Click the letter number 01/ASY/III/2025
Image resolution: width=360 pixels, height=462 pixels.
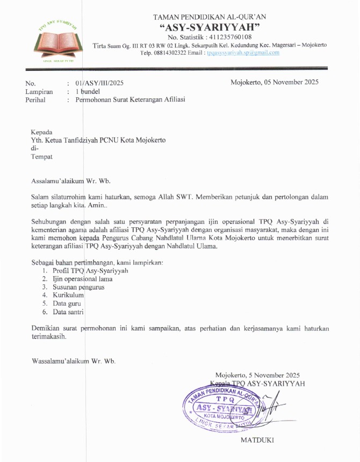(x=100, y=83)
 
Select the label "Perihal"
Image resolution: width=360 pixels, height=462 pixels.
(x=36, y=100)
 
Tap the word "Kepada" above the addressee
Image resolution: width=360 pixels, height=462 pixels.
(x=41, y=132)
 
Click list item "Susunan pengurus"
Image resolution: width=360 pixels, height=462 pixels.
(x=78, y=287)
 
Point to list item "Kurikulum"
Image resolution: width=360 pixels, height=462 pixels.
(x=68, y=295)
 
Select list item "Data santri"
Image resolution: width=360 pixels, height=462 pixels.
(x=68, y=312)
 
